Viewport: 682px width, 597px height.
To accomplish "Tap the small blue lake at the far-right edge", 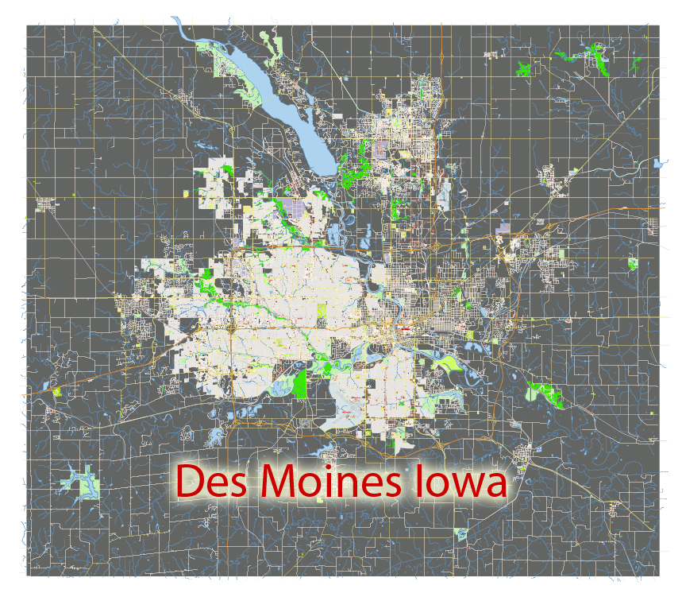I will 657,164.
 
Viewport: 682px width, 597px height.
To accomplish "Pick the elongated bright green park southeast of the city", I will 545,393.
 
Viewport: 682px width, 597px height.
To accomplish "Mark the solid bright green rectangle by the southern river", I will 300,383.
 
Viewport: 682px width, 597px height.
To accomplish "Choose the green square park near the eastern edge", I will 632,264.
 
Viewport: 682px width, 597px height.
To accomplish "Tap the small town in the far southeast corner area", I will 613,509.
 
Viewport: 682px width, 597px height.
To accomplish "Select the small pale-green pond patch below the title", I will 459,533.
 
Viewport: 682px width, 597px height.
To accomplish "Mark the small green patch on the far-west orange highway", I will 56,392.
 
